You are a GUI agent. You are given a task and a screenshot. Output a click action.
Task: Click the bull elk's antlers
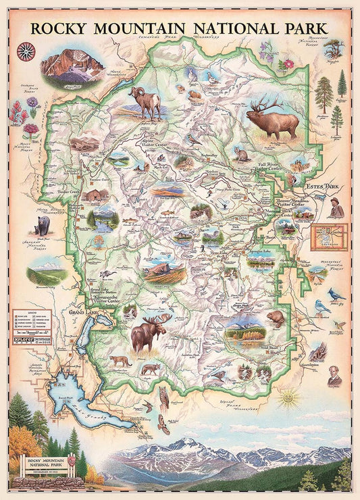click(265, 104)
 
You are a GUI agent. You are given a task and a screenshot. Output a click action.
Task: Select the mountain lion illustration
click(120, 361)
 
